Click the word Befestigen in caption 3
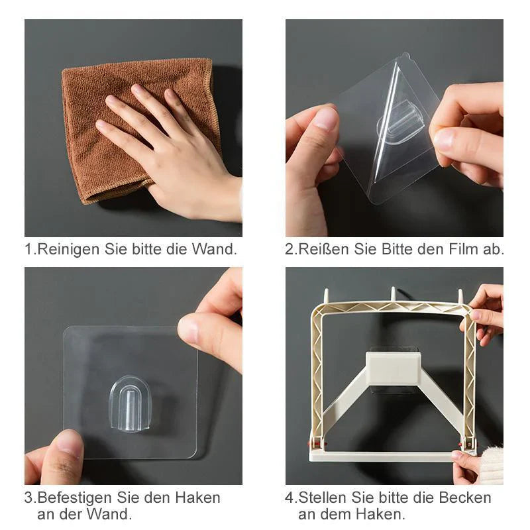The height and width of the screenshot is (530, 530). (75, 498)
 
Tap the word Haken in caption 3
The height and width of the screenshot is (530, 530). (197, 498)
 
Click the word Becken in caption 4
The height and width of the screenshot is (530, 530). (465, 498)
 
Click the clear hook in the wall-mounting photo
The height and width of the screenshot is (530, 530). (129, 403)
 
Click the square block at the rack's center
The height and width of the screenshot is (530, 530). (393, 368)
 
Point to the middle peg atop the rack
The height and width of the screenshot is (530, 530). (393, 294)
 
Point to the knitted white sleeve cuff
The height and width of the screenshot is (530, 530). (491, 464)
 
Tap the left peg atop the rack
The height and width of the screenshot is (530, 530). (327, 295)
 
